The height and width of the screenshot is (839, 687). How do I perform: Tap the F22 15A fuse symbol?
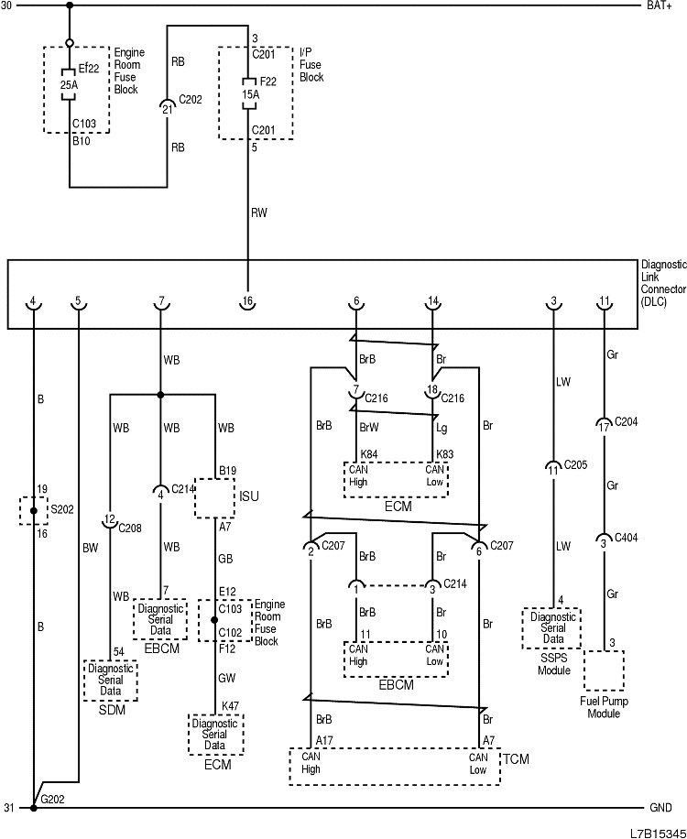pos(247,93)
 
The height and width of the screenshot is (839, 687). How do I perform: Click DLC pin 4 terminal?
pos(33,302)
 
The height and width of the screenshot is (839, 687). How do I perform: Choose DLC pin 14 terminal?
pos(432,302)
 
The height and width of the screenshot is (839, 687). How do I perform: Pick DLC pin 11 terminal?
pos(604,302)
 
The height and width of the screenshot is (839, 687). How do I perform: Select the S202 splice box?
pos(33,510)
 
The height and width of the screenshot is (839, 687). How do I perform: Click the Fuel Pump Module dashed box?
pos(604,670)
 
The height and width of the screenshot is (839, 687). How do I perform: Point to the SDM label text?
pos(110,711)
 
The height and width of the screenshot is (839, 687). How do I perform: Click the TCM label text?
pos(517,759)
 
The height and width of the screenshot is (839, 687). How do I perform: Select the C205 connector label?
pos(575,464)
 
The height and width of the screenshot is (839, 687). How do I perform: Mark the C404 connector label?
pos(626,543)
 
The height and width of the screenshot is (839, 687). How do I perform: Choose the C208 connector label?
pos(131,528)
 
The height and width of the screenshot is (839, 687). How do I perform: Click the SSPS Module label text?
pos(553,664)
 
